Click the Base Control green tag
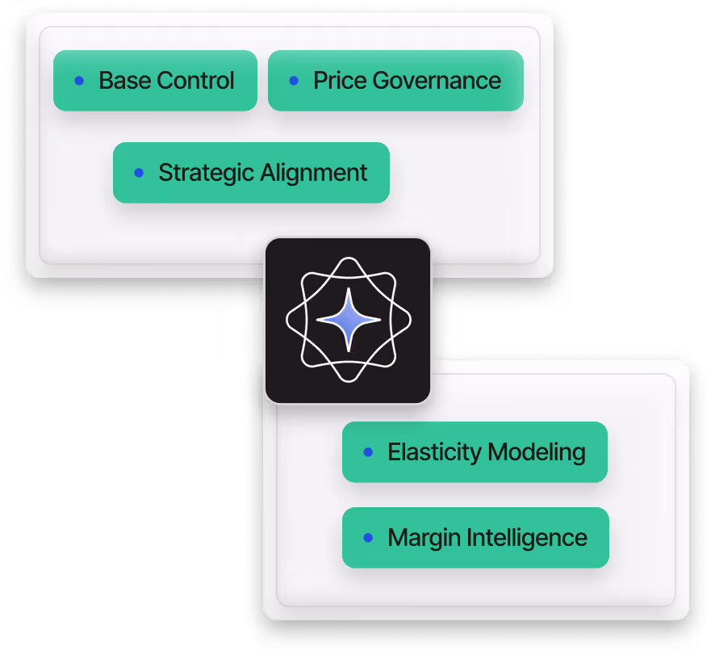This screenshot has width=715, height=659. [155, 81]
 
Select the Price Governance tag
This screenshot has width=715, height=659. [395, 81]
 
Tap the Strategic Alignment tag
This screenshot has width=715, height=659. [251, 173]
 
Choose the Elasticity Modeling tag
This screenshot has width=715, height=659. [475, 452]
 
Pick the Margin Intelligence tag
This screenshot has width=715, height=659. [475, 538]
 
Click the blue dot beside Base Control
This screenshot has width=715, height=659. [79, 81]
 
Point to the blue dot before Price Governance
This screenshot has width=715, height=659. [294, 81]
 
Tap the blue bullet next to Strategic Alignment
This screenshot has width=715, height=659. [139, 173]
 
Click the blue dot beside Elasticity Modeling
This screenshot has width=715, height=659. [369, 452]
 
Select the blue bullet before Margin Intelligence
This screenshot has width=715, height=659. [369, 538]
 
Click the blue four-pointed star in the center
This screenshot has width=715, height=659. [348, 320]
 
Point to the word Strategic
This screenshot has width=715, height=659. [206, 173]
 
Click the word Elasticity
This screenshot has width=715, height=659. [434, 452]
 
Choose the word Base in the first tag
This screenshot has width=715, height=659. [119, 81]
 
